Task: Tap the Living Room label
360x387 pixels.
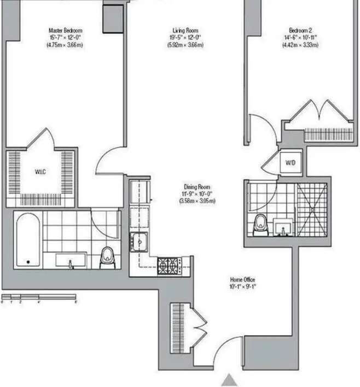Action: click(x=185, y=31)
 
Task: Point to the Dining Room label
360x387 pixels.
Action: click(x=197, y=187)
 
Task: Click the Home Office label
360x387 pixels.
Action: click(x=242, y=279)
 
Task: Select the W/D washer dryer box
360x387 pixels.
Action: click(x=289, y=162)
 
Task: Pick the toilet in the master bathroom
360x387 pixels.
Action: click(x=107, y=256)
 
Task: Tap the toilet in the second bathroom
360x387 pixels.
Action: click(x=261, y=224)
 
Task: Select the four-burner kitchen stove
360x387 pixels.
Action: click(x=170, y=266)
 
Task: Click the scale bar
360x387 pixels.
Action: click(x=38, y=298)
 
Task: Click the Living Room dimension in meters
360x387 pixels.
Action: click(x=185, y=45)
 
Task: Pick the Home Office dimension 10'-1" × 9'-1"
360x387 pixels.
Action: click(x=242, y=286)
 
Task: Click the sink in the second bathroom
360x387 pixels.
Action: click(x=283, y=226)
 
